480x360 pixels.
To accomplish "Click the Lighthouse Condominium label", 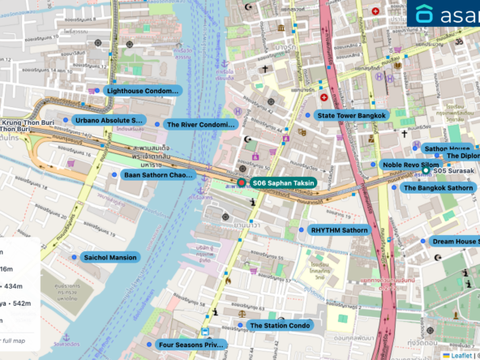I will (x=141, y=91).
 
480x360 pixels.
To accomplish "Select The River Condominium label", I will (x=199, y=125).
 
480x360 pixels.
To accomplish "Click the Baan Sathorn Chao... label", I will (x=158, y=174).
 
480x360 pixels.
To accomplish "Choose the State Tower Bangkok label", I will (x=351, y=116).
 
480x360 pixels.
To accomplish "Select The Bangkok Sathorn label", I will (x=438, y=187).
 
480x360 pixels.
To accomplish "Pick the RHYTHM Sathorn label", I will (x=339, y=230).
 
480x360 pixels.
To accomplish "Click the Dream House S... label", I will (x=453, y=241).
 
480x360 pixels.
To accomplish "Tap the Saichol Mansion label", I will (x=110, y=257).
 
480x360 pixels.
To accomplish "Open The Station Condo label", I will (x=279, y=325).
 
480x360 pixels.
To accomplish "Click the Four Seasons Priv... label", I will (x=190, y=345).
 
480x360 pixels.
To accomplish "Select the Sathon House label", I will (x=448, y=149).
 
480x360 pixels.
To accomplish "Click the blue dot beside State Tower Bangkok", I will (x=307, y=116).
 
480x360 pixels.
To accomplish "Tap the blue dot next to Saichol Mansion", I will (x=74, y=257).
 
